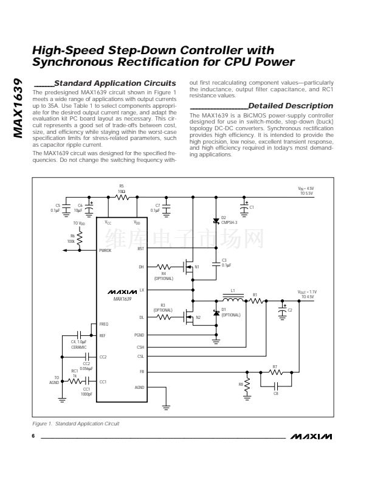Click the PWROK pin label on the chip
tap(105, 250)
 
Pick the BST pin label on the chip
tap(140, 248)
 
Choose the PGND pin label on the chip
tap(139, 335)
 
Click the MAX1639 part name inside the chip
tap(122, 299)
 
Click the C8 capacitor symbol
tap(275, 385)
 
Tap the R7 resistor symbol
tap(275, 372)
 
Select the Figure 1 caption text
tap(76, 423)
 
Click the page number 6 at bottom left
tap(33, 436)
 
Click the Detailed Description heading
tap(291, 106)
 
